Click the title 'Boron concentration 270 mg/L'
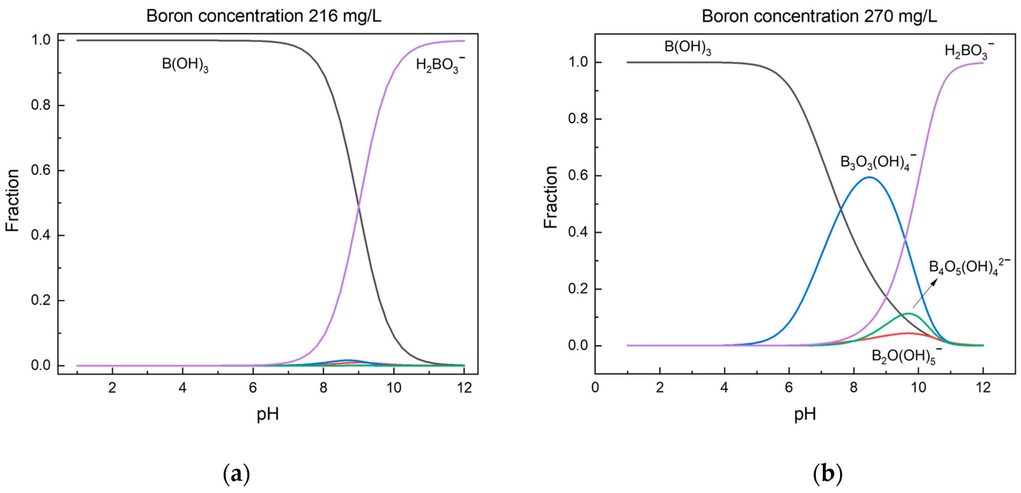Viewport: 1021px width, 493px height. coord(819,16)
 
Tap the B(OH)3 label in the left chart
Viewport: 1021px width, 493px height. coord(185,65)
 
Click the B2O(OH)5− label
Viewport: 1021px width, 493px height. coord(906,356)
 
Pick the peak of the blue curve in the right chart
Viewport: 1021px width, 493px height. coord(869,177)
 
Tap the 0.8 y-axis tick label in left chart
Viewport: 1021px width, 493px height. coord(41,105)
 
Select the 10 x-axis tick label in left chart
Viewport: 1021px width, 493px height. coord(394,388)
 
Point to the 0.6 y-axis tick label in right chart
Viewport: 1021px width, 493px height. coord(578,176)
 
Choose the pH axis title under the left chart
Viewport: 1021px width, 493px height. coord(268,415)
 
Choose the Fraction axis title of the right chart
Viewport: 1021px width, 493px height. coord(551,197)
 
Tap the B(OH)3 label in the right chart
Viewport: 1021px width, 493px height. coord(688,48)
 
